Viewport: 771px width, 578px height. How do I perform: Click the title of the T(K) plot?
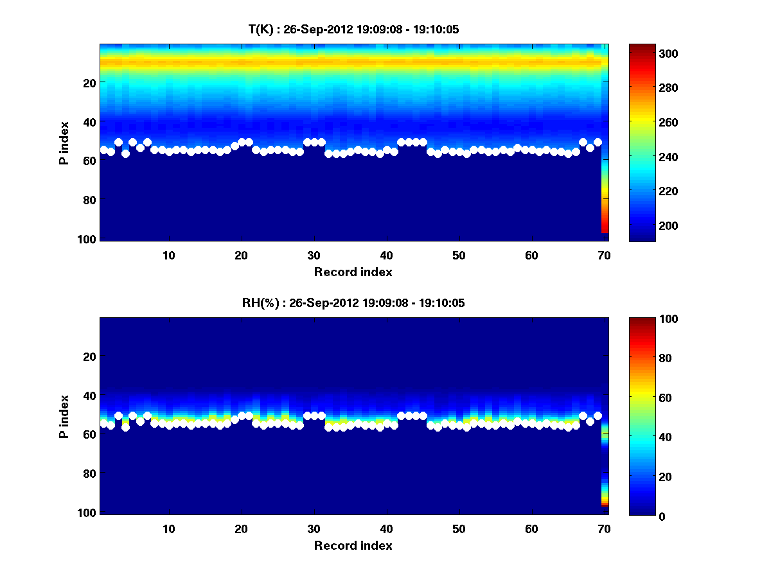[x=353, y=29]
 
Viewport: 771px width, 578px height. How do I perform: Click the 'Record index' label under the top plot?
[x=353, y=272]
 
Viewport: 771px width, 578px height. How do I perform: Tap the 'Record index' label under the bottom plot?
[x=353, y=545]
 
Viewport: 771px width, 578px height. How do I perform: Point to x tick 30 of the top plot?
[x=314, y=255]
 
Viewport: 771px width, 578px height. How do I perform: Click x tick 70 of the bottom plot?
[x=604, y=529]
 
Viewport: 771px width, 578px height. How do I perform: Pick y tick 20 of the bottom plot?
[x=89, y=356]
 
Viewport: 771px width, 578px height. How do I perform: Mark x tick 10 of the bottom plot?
[x=168, y=529]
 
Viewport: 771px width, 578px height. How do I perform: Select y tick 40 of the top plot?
[x=89, y=122]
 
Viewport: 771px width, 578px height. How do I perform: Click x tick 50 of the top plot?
[x=459, y=255]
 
